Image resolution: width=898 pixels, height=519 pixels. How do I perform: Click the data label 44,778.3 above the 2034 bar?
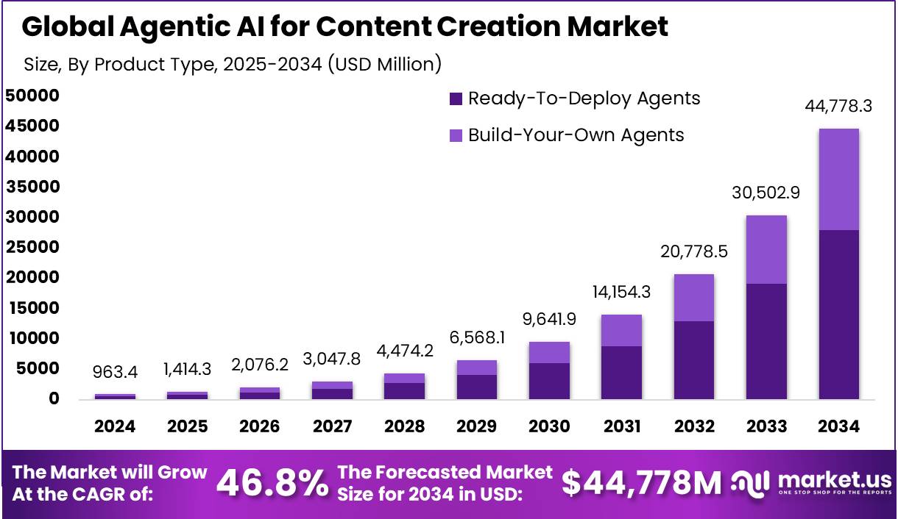pyautogui.click(x=838, y=106)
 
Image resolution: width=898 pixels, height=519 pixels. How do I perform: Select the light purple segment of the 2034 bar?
pyautogui.click(x=838, y=179)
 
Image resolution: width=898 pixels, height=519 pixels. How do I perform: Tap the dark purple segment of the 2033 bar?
pyautogui.click(x=766, y=341)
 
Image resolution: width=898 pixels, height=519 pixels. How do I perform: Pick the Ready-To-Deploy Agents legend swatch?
pyautogui.click(x=456, y=99)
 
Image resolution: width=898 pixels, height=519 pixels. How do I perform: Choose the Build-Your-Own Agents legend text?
pyautogui.click(x=576, y=135)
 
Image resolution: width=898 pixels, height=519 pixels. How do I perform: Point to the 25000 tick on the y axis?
pyautogui.click(x=32, y=247)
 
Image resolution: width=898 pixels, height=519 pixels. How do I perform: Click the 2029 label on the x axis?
pyautogui.click(x=476, y=426)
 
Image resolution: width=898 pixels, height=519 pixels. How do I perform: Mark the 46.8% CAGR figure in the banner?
pyautogui.click(x=272, y=483)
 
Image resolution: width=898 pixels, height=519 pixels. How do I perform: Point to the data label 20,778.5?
pyautogui.click(x=694, y=252)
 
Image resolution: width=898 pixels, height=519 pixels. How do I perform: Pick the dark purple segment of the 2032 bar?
pyautogui.click(x=694, y=360)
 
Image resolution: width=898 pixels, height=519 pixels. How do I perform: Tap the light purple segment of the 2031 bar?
pyautogui.click(x=621, y=330)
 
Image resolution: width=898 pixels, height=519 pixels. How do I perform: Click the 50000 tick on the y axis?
pyautogui.click(x=32, y=96)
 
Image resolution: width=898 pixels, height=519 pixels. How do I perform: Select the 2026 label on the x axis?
pyautogui.click(x=260, y=426)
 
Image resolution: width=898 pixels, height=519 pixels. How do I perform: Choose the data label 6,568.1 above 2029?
pyautogui.click(x=477, y=339)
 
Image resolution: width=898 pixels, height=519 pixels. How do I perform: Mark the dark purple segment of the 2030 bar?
pyautogui.click(x=549, y=381)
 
